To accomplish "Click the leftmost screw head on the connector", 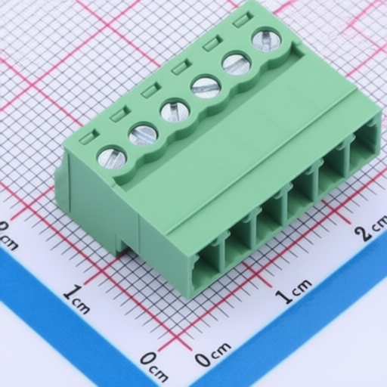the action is (x=111, y=159).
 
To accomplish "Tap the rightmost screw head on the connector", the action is (x=267, y=40).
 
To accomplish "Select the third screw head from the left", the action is (x=175, y=111).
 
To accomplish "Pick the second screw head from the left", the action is (x=143, y=135).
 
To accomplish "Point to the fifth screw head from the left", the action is (x=237, y=63).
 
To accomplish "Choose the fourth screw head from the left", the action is (x=206, y=88).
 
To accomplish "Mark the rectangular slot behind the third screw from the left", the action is (x=151, y=90).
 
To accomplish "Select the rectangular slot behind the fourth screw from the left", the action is (x=181, y=68).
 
